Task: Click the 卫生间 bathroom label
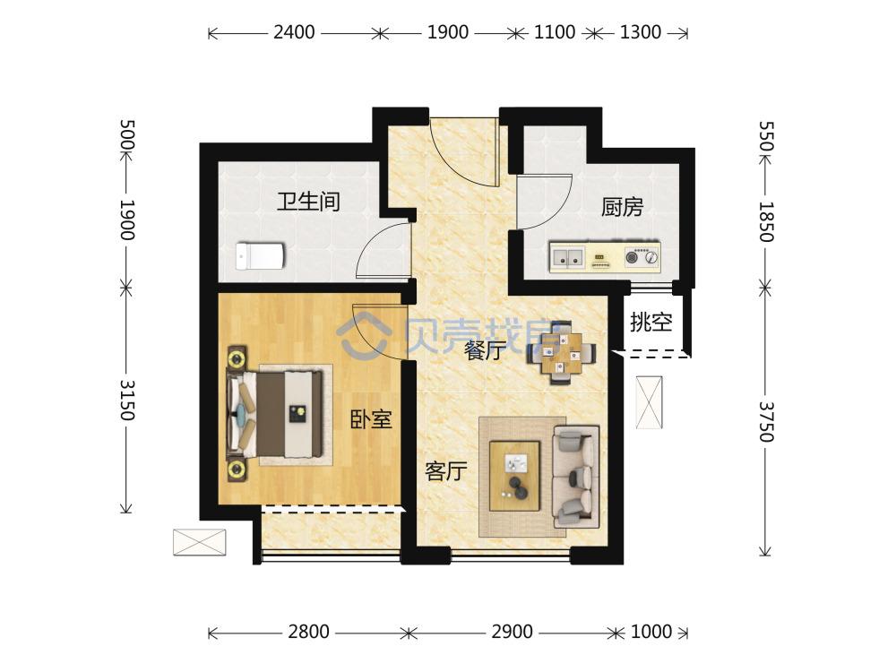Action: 307,201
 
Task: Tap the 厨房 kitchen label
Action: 622,208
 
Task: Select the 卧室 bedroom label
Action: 370,418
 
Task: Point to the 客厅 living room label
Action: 445,470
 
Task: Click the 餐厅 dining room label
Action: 485,351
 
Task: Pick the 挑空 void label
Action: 650,323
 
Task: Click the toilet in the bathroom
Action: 259,257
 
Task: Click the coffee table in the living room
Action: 514,475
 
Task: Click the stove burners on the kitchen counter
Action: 642,258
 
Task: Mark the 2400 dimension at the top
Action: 293,33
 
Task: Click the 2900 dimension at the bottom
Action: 511,633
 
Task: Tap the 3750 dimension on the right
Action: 764,420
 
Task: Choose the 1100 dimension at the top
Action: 554,33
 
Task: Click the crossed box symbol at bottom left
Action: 199,542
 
